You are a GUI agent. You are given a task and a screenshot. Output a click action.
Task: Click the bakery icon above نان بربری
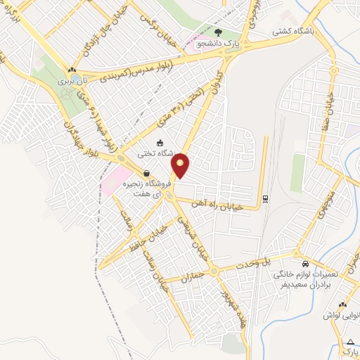70,70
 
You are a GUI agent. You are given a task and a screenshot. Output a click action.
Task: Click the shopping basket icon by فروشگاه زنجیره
146,173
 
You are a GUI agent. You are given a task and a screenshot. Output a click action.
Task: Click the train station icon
265,198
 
